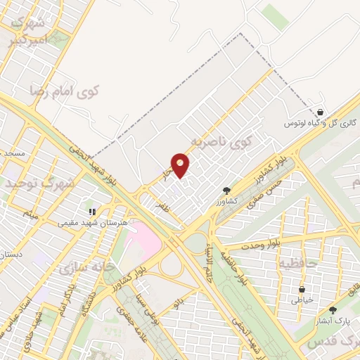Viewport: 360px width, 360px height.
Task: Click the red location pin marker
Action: coord(181,165)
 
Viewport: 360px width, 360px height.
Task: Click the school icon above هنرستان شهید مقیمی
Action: coord(91,211)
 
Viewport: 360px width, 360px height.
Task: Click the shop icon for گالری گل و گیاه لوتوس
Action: coord(320,112)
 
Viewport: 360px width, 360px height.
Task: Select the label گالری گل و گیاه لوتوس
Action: coord(321,123)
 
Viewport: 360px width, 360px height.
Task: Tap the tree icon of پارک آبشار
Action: coord(333,309)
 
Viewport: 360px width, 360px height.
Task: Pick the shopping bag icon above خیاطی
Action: coord(302,289)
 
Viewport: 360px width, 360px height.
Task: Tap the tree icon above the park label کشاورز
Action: coord(226,190)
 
